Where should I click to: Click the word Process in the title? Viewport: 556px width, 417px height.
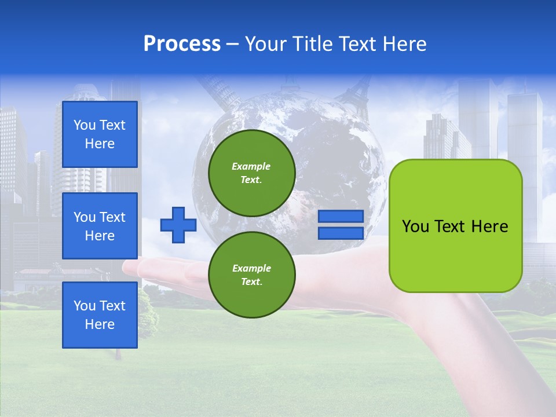point(182,44)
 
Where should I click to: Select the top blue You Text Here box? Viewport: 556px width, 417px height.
point(100,134)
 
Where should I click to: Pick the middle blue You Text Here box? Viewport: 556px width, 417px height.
point(100,226)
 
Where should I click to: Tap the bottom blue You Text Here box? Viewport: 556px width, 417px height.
point(100,315)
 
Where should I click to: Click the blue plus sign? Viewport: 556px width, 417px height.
point(178,225)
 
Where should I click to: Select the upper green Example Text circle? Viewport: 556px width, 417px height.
point(252,173)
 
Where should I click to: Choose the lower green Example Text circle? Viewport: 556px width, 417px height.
point(252,275)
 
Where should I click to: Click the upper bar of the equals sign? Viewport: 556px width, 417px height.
point(341,216)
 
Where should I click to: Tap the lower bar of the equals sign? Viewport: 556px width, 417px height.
point(341,233)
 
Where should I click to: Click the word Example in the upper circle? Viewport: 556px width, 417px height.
point(251,166)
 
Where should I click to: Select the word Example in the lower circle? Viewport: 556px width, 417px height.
point(251,268)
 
